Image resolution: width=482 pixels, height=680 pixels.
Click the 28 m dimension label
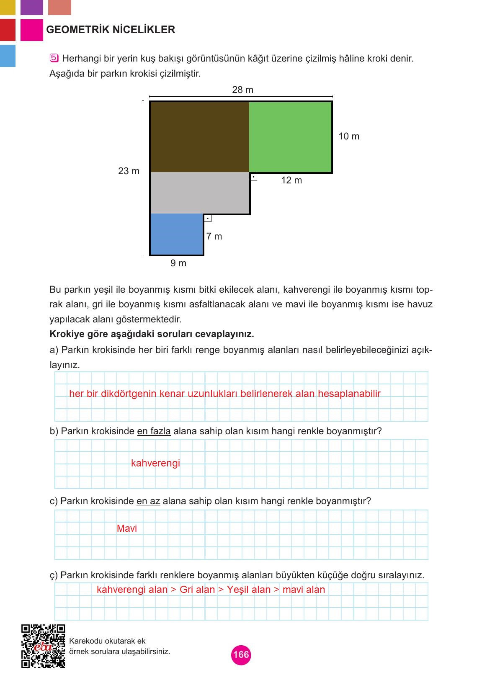(x=242, y=90)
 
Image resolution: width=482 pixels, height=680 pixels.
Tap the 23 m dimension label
(x=129, y=171)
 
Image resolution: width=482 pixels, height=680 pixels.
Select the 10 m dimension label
(x=348, y=137)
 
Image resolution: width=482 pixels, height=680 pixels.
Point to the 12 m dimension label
(x=291, y=180)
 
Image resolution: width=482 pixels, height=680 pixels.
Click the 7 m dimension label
(x=214, y=237)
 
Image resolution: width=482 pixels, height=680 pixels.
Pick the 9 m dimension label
(x=178, y=263)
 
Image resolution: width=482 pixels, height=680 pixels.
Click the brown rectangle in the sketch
(x=199, y=137)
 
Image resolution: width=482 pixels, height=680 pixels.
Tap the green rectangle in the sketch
(x=290, y=137)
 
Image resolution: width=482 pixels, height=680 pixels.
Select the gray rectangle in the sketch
(x=199, y=193)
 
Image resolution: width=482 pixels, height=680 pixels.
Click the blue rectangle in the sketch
(x=176, y=234)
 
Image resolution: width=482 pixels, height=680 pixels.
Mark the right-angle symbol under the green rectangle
(x=253, y=177)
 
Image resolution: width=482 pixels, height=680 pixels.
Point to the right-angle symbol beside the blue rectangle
(x=208, y=218)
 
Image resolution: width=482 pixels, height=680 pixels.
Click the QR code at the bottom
(x=43, y=646)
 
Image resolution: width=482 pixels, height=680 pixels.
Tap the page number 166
(x=241, y=655)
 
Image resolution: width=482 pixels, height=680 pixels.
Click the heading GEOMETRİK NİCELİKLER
(x=111, y=30)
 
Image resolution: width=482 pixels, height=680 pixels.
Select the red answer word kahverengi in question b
(x=155, y=463)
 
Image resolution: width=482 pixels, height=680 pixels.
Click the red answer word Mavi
(x=127, y=528)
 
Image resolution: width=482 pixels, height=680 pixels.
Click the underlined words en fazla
(x=154, y=431)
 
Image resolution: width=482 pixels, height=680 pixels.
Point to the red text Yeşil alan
(x=249, y=590)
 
